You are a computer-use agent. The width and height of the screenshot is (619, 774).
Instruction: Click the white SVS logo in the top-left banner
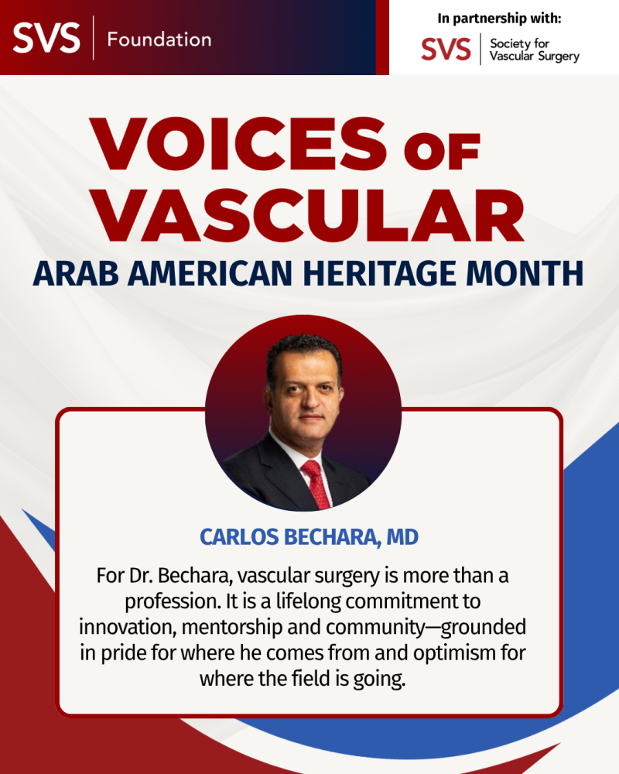coord(46,37)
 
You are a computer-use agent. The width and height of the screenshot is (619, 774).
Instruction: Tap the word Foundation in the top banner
coord(159,39)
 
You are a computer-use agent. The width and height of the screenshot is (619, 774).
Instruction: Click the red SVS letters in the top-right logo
coord(446,50)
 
